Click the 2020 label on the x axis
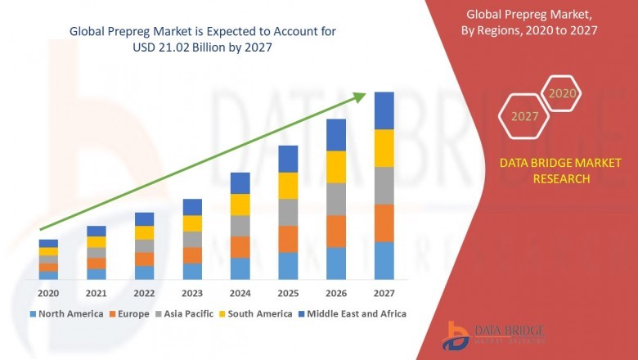click(48, 292)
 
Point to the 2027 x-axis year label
click(384, 292)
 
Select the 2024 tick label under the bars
click(240, 292)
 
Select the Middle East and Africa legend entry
click(357, 313)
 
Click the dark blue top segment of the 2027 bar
click(384, 110)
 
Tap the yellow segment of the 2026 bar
click(336, 167)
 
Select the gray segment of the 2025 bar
click(288, 212)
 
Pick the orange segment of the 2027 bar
click(384, 223)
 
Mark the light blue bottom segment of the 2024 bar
click(240, 268)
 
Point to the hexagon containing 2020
click(562, 93)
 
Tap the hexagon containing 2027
click(524, 116)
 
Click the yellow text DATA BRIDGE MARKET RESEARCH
click(544, 171)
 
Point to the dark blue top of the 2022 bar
click(144, 218)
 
